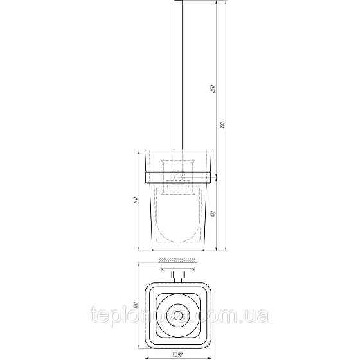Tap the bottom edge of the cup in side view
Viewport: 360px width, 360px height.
click(x=177, y=250)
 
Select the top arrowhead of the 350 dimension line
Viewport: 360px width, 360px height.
click(x=219, y=3)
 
